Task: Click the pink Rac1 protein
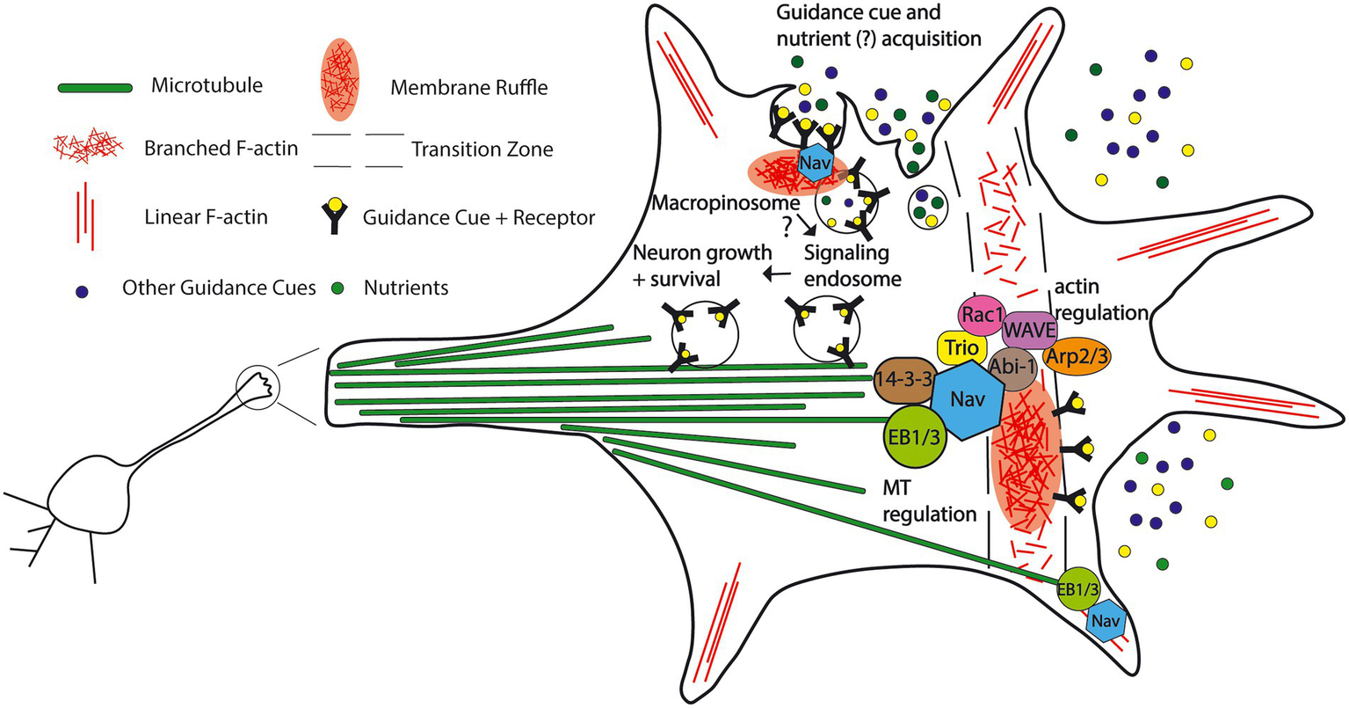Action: tap(983, 315)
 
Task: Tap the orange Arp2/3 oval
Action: tap(1077, 356)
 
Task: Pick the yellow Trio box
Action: tap(962, 347)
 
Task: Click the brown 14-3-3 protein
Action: tap(904, 380)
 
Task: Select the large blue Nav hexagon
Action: tap(968, 400)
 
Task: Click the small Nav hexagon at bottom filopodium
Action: tap(1106, 620)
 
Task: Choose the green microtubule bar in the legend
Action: tap(95, 88)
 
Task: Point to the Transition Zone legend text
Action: tap(482, 149)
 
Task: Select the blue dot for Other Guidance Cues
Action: tap(82, 292)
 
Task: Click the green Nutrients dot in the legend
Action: tap(338, 288)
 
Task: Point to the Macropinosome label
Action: tap(726, 203)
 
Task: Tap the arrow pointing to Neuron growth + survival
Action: tap(778, 274)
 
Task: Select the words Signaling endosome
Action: tap(852, 266)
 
